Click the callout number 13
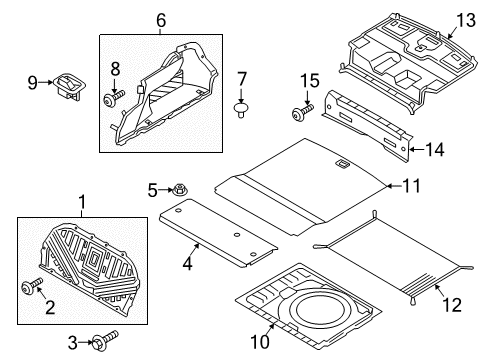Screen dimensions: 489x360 466,20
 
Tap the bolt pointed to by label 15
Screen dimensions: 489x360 302,112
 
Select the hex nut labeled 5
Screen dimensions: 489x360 180,190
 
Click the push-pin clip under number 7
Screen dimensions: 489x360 241,110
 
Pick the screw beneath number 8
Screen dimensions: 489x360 114,98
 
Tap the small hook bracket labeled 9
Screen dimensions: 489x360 70,86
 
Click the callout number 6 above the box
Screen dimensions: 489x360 161,21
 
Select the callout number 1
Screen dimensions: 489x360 82,202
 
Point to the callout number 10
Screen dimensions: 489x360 260,342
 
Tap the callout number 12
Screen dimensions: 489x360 452,305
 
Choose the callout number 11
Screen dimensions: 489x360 411,186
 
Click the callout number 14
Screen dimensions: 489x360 435,150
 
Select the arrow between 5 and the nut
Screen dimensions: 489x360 166,190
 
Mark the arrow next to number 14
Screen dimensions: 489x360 417,149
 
